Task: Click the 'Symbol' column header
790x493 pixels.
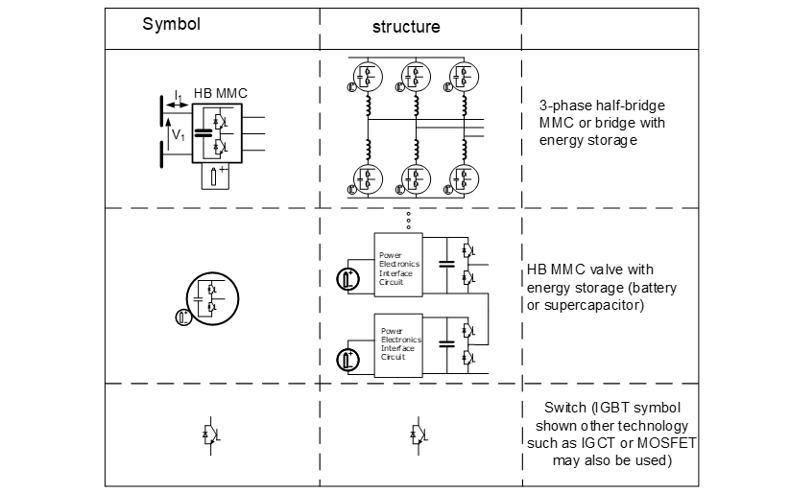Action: (171, 24)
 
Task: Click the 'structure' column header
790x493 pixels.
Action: (406, 27)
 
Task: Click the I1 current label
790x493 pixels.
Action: (179, 97)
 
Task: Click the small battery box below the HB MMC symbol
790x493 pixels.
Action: (215, 176)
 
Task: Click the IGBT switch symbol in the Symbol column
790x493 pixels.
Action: (212, 434)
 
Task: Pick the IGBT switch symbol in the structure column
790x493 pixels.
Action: (419, 434)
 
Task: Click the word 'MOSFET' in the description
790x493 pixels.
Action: (669, 444)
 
